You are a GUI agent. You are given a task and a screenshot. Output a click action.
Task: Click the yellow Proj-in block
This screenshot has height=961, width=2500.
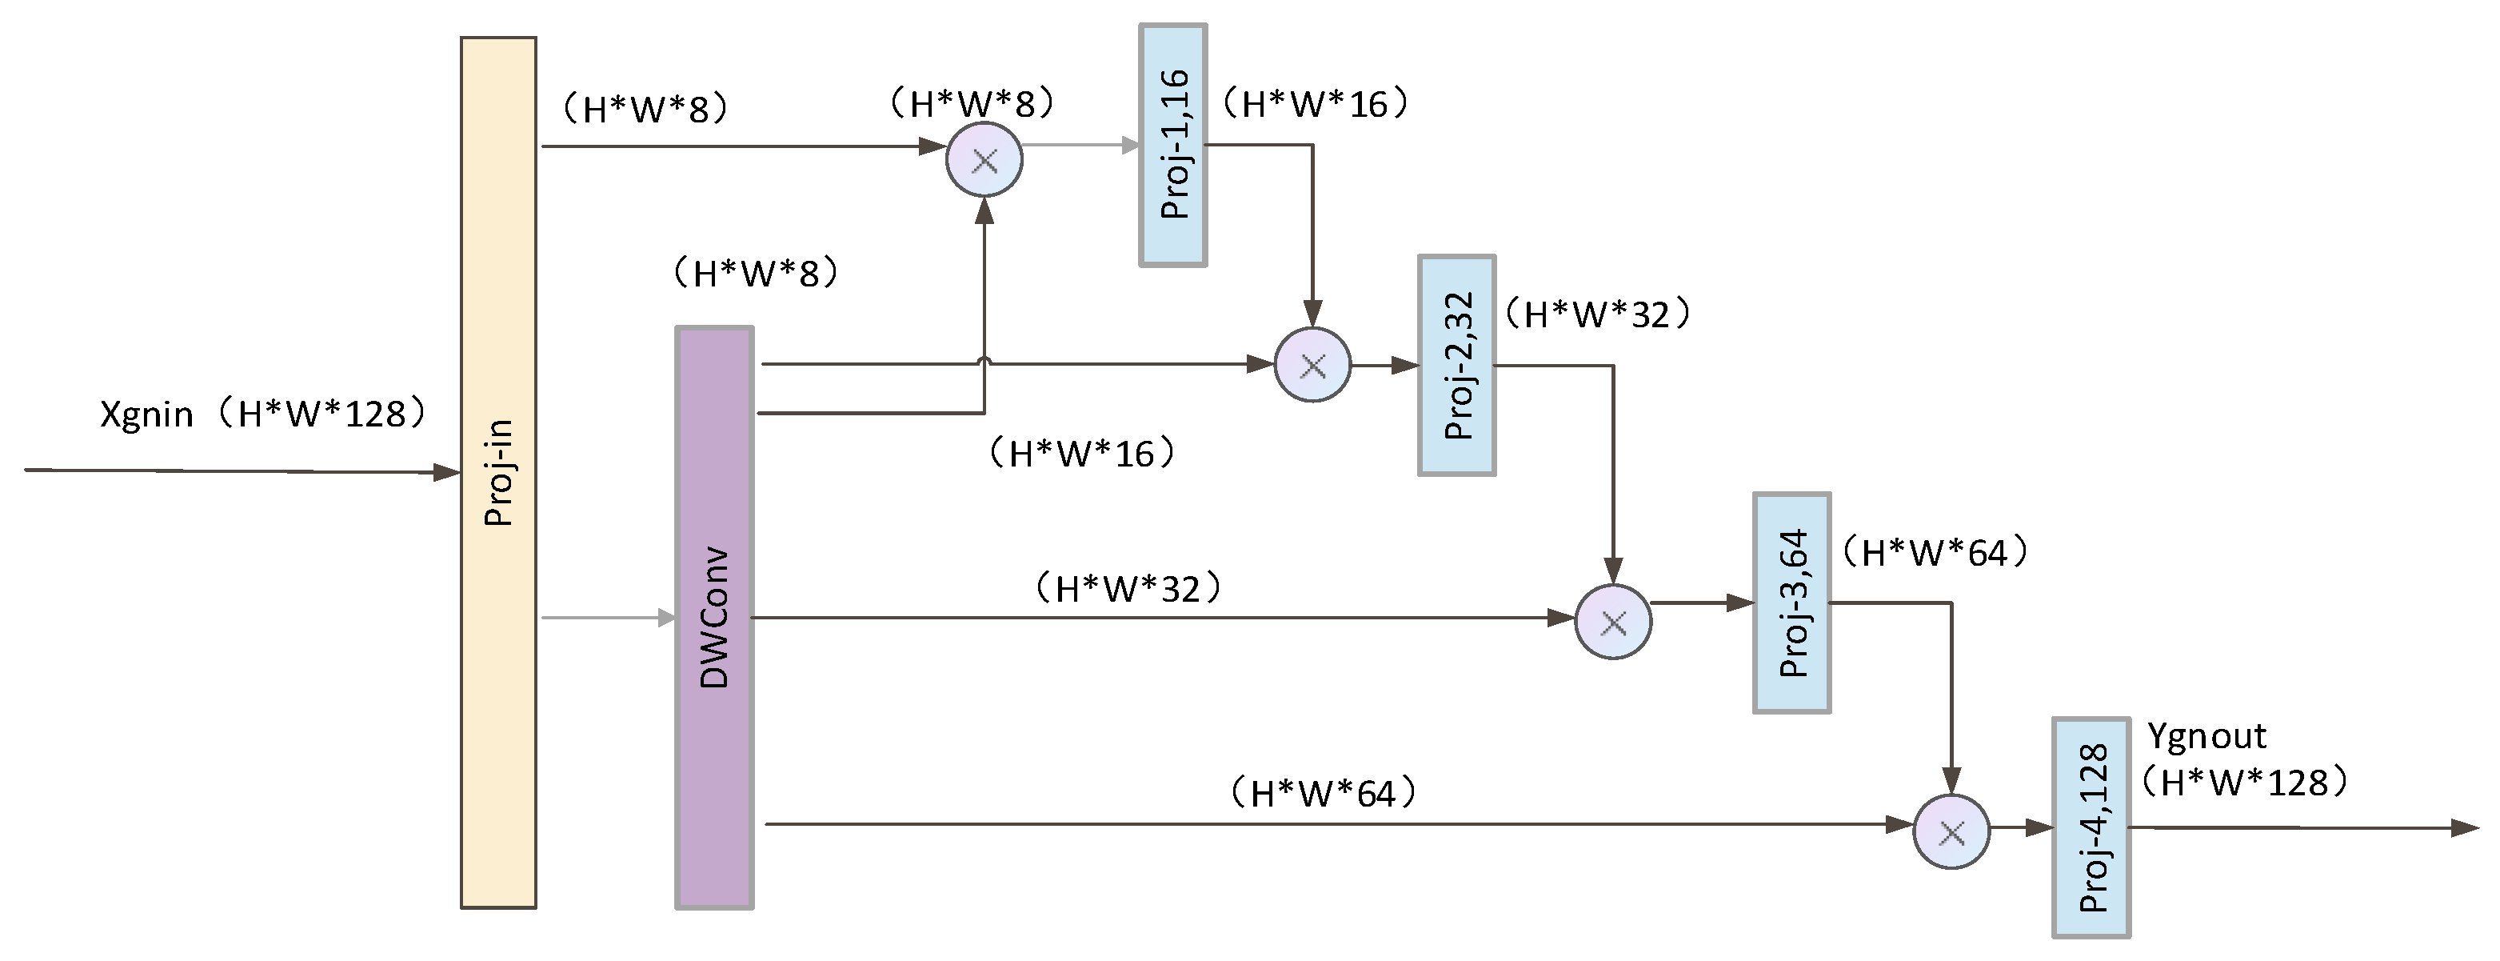point(498,473)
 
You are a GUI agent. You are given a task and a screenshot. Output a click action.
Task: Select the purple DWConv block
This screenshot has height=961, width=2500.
point(714,618)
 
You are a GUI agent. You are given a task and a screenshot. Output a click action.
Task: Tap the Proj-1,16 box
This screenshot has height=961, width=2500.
point(1172,145)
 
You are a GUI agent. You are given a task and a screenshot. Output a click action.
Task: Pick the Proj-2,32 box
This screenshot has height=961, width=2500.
point(1456,366)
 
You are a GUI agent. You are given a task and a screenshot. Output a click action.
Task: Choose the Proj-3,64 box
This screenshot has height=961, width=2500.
point(1791,603)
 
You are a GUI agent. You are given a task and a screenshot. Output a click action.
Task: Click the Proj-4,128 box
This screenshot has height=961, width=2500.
point(2091,827)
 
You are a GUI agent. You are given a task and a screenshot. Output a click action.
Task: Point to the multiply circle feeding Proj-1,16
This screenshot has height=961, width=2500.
point(984,160)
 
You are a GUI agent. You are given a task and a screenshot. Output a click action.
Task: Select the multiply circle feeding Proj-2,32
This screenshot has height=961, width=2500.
point(1312,366)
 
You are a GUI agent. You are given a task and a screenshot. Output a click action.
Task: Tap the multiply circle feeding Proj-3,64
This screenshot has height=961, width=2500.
point(1613,623)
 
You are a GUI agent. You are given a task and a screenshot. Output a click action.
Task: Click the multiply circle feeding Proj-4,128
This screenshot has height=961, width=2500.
point(1951,832)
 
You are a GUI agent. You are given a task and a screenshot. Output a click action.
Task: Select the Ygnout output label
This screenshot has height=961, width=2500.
point(2206,737)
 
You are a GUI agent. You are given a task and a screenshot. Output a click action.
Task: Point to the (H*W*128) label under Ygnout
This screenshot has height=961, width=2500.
point(2245,783)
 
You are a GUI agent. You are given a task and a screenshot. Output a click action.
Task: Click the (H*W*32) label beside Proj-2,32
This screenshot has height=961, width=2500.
point(1596,314)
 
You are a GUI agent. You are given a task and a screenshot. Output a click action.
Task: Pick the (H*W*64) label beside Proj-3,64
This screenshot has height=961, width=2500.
point(1935,553)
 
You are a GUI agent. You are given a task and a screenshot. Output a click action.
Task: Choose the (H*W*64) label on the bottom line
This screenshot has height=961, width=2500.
point(1323,794)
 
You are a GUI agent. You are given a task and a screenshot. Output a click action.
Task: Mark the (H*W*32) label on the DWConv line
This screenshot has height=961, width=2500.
point(1128,589)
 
